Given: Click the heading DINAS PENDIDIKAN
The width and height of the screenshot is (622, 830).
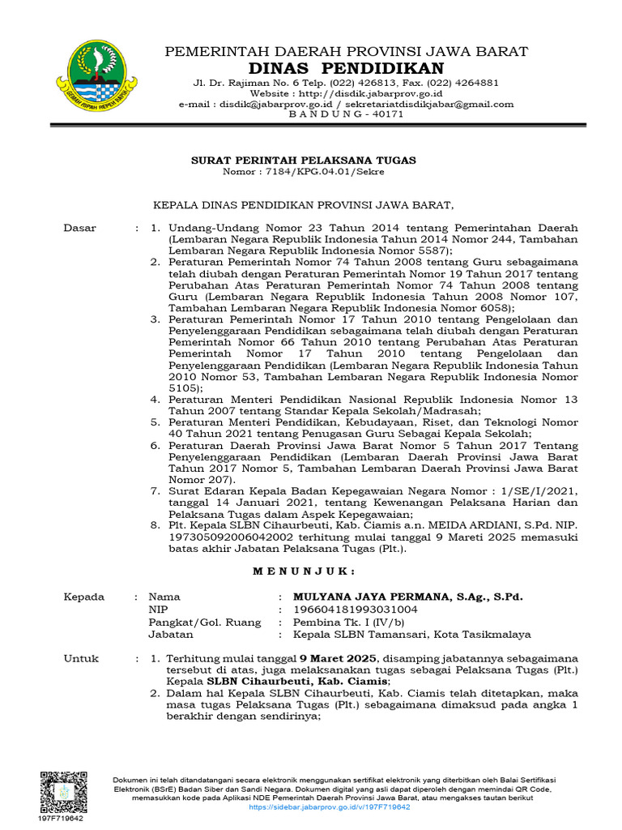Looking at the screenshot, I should (x=346, y=67).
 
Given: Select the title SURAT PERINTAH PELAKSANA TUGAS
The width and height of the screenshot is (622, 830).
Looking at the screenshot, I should (x=303, y=160).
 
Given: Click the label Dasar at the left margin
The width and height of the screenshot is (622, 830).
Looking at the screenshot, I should (x=79, y=229).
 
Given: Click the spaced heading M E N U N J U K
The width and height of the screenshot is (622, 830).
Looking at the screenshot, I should (x=304, y=571).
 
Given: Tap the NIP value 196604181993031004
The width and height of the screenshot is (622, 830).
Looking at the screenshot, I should (x=356, y=610).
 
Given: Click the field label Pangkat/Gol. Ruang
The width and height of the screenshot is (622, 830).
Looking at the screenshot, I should (x=205, y=622).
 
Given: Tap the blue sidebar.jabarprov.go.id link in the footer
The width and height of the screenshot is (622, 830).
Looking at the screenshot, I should (x=330, y=807).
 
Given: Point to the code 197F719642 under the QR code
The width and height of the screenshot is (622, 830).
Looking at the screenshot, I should (x=61, y=819).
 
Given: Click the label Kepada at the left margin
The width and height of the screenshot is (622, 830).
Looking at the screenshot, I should (x=84, y=597).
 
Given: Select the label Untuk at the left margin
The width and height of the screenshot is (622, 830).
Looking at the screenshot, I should (x=80, y=659).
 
